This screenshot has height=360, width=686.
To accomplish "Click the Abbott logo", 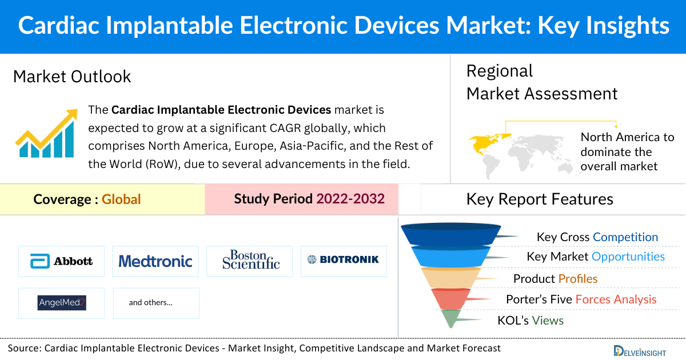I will pyautogui.click(x=62, y=261).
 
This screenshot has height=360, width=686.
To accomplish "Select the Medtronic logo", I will pyautogui.click(x=155, y=261).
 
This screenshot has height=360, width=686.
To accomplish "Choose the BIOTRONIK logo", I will pyautogui.click(x=343, y=259).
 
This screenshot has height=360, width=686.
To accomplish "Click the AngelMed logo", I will pyautogui.click(x=62, y=302).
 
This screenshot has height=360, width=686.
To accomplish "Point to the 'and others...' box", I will pyautogui.click(x=156, y=302).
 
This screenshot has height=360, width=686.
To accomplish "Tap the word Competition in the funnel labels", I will pyautogui.click(x=625, y=237).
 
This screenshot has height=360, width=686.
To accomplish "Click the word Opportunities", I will pyautogui.click(x=628, y=257).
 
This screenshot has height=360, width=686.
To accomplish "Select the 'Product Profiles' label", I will pyautogui.click(x=555, y=279).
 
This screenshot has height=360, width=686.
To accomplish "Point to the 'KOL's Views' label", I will pyautogui.click(x=531, y=321).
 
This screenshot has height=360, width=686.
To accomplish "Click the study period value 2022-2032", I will pyautogui.click(x=350, y=199).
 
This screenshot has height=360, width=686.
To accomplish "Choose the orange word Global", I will pyautogui.click(x=121, y=199).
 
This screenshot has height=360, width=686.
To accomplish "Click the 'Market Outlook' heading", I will pyautogui.click(x=72, y=77).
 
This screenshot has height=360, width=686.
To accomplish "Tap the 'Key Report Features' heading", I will pyautogui.click(x=540, y=199).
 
